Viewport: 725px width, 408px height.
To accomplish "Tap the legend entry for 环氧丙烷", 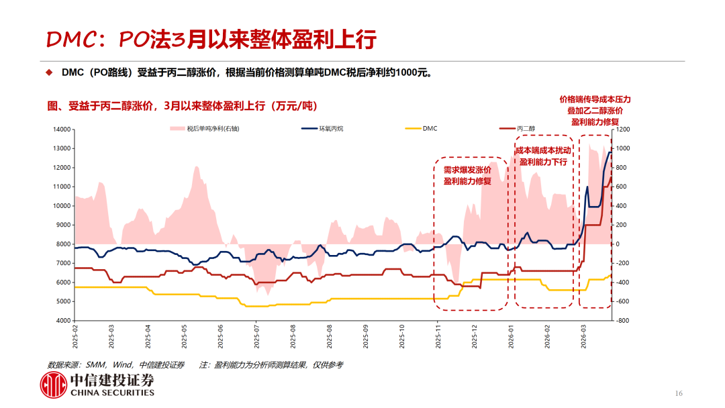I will pos(330,128).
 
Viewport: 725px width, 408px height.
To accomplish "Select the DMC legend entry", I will pos(430,128).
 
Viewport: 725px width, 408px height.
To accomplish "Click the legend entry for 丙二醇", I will pos(526,128).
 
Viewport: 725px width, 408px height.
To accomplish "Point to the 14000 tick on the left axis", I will pos(62,130).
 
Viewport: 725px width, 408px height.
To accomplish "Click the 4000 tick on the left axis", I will pos(64,321).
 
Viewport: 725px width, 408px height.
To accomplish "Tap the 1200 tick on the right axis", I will pos(624,130).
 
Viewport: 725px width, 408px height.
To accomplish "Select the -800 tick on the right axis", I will pos(624,321).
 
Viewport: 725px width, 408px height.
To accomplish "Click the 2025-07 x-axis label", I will pos(256,335).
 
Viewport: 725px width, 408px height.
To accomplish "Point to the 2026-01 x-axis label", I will pos(511,335).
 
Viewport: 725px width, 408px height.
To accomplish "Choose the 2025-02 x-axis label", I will pos(75,335).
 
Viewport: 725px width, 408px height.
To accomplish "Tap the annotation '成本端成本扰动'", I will pos(543,150).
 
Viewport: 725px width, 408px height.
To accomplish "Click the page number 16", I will pos(678,393).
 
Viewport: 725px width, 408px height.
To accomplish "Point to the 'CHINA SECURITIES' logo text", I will pos(112,393).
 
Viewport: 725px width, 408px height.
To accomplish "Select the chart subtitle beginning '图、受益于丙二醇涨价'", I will pos(182,106).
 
